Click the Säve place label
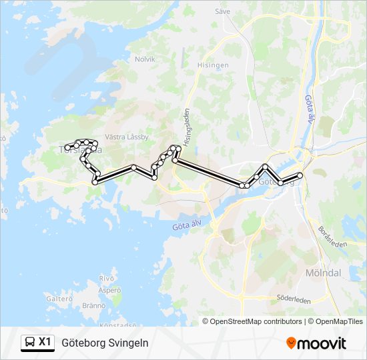222,11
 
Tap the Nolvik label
145,59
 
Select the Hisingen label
213,65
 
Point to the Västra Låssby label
127,137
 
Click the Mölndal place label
323,273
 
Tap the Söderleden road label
293,300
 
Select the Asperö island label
109,291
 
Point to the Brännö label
94,305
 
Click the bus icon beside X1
30,343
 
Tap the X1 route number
45,343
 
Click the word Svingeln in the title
126,343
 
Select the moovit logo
316,343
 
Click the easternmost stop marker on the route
300,175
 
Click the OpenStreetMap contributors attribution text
256,321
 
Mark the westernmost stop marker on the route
67,147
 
